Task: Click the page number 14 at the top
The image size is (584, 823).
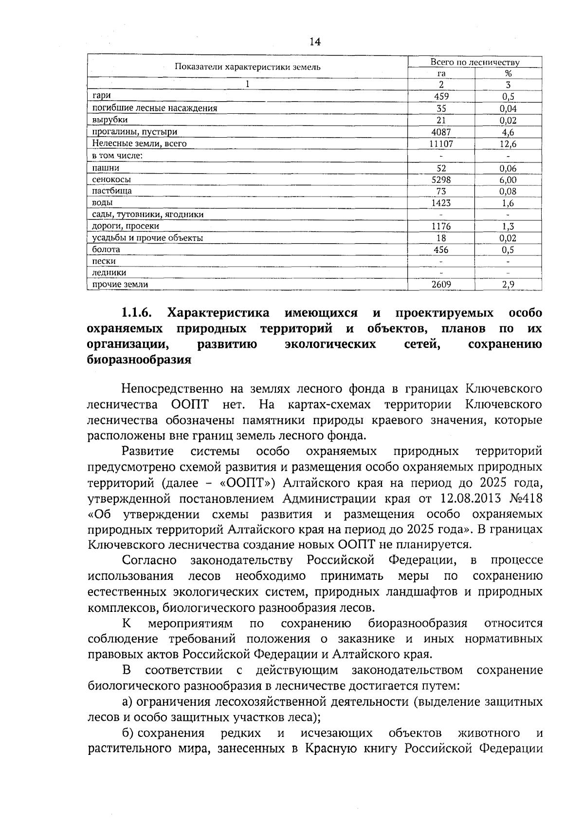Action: [x=315, y=42]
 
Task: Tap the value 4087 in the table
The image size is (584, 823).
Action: [x=441, y=132]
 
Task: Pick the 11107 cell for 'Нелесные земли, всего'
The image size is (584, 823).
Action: [x=441, y=143]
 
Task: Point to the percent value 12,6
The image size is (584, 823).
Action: [x=509, y=143]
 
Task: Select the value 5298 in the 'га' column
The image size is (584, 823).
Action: [x=441, y=179]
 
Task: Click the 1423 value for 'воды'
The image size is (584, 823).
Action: [x=441, y=203]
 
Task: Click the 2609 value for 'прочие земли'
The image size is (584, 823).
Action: [x=441, y=285]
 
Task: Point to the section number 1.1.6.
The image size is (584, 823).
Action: [x=137, y=312]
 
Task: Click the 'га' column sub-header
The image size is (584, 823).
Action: [x=441, y=73]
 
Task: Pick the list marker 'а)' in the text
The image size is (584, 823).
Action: [x=127, y=702]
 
